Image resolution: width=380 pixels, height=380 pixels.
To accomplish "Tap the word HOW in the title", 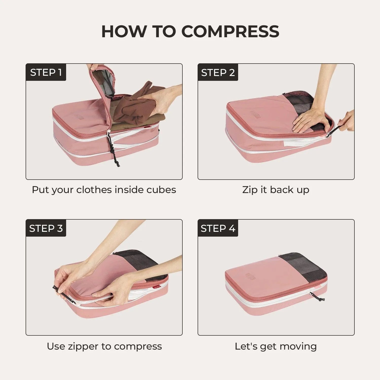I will pyautogui.click(x=124, y=31).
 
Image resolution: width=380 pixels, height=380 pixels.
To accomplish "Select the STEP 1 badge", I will pyautogui.click(x=46, y=72).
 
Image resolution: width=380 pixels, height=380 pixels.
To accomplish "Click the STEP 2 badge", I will pyautogui.click(x=218, y=72).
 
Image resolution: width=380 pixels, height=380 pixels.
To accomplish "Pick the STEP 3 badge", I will pyautogui.click(x=46, y=228).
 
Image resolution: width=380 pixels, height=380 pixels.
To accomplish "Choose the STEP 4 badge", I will pyautogui.click(x=218, y=228).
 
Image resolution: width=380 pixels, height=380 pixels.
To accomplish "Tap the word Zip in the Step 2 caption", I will pyautogui.click(x=250, y=190).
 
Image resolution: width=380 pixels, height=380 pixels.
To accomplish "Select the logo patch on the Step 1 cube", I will pyautogui.click(x=79, y=116).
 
